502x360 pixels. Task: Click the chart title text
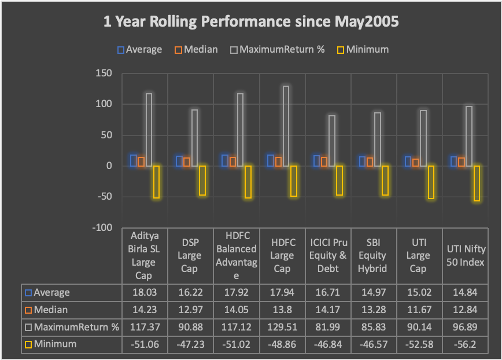(251, 22)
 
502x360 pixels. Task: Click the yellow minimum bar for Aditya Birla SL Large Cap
(156, 181)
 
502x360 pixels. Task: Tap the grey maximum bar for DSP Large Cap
(194, 138)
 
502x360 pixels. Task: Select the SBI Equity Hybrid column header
(373, 255)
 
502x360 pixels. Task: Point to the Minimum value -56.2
(464, 344)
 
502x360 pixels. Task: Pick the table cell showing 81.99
(327, 327)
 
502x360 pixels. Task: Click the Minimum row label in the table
(56, 344)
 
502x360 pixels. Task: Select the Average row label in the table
(52, 292)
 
